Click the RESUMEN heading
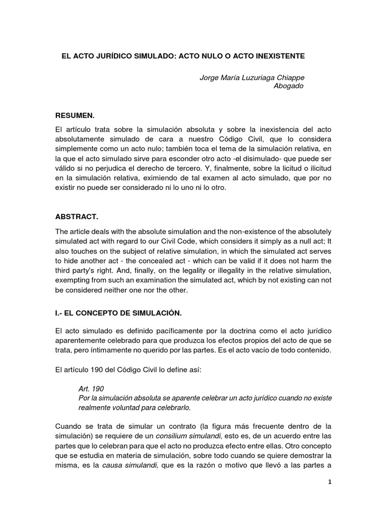tap(76, 115)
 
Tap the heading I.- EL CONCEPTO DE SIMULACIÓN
tap(118, 313)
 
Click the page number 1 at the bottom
tap(330, 482)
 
